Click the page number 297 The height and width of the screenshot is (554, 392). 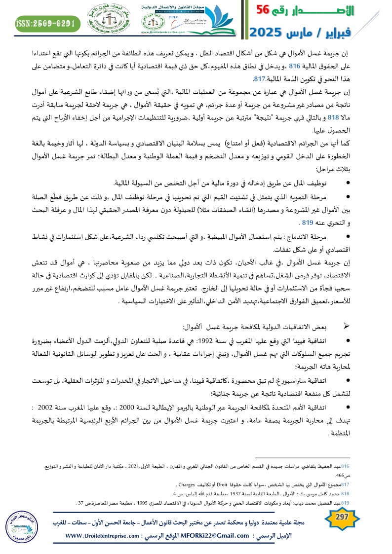coord(342,516)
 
